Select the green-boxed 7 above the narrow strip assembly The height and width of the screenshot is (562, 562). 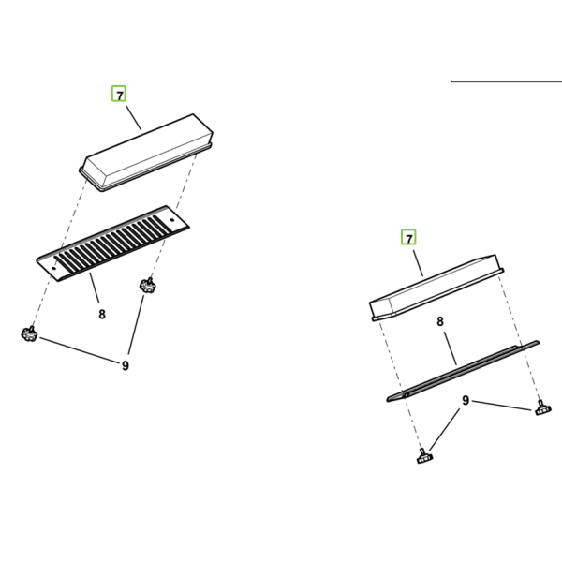[408, 237]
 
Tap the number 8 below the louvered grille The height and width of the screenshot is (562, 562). [102, 315]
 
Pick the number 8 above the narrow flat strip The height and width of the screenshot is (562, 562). [440, 321]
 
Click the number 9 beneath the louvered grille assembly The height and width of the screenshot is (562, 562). [125, 365]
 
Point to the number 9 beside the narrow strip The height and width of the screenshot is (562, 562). [466, 400]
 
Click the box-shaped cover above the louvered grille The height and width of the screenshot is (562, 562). [146, 153]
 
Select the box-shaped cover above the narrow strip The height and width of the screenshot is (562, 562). [436, 288]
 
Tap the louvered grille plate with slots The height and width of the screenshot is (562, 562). [113, 244]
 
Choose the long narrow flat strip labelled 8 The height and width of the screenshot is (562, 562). [463, 371]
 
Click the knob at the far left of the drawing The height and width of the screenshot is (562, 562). [29, 333]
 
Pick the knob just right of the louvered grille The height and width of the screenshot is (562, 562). [147, 286]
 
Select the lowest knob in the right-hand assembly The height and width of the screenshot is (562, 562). [424, 456]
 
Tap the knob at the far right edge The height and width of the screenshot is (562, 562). [542, 408]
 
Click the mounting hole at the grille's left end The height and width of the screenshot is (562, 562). [54, 268]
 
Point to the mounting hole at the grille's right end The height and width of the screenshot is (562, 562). [171, 220]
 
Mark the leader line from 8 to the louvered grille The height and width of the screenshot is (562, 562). [95, 288]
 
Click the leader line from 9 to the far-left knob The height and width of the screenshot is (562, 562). [80, 350]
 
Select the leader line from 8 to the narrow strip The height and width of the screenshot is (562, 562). [451, 348]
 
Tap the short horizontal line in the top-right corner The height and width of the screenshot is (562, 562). [506, 81]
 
